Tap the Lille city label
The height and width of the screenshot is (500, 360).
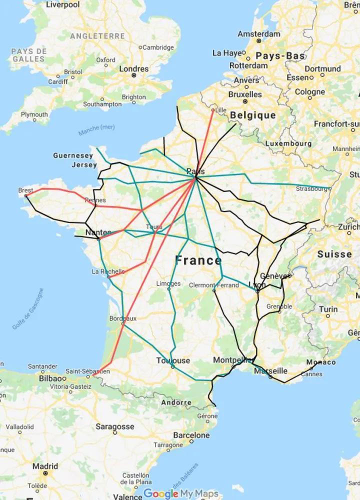(x=220, y=110)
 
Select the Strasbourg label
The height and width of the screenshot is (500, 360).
(x=311, y=188)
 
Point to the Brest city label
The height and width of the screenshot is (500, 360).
(x=25, y=190)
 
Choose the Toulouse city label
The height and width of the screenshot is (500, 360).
(x=173, y=360)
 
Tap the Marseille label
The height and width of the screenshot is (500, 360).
(x=270, y=371)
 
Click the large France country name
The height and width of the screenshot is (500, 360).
(x=198, y=260)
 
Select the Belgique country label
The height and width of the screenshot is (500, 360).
(x=252, y=115)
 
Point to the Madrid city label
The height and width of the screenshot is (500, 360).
(x=45, y=466)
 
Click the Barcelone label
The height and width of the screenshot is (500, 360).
(x=191, y=435)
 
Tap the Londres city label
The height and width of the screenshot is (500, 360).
(x=133, y=69)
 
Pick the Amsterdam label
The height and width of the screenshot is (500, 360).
(x=258, y=34)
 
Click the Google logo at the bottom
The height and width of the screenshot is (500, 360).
(x=161, y=494)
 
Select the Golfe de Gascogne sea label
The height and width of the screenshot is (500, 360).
(x=28, y=309)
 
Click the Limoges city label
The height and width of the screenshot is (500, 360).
(x=168, y=283)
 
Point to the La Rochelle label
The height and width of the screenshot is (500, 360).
(x=108, y=271)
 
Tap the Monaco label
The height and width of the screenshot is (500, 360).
(x=321, y=362)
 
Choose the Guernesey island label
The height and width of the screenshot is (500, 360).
(x=73, y=156)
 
